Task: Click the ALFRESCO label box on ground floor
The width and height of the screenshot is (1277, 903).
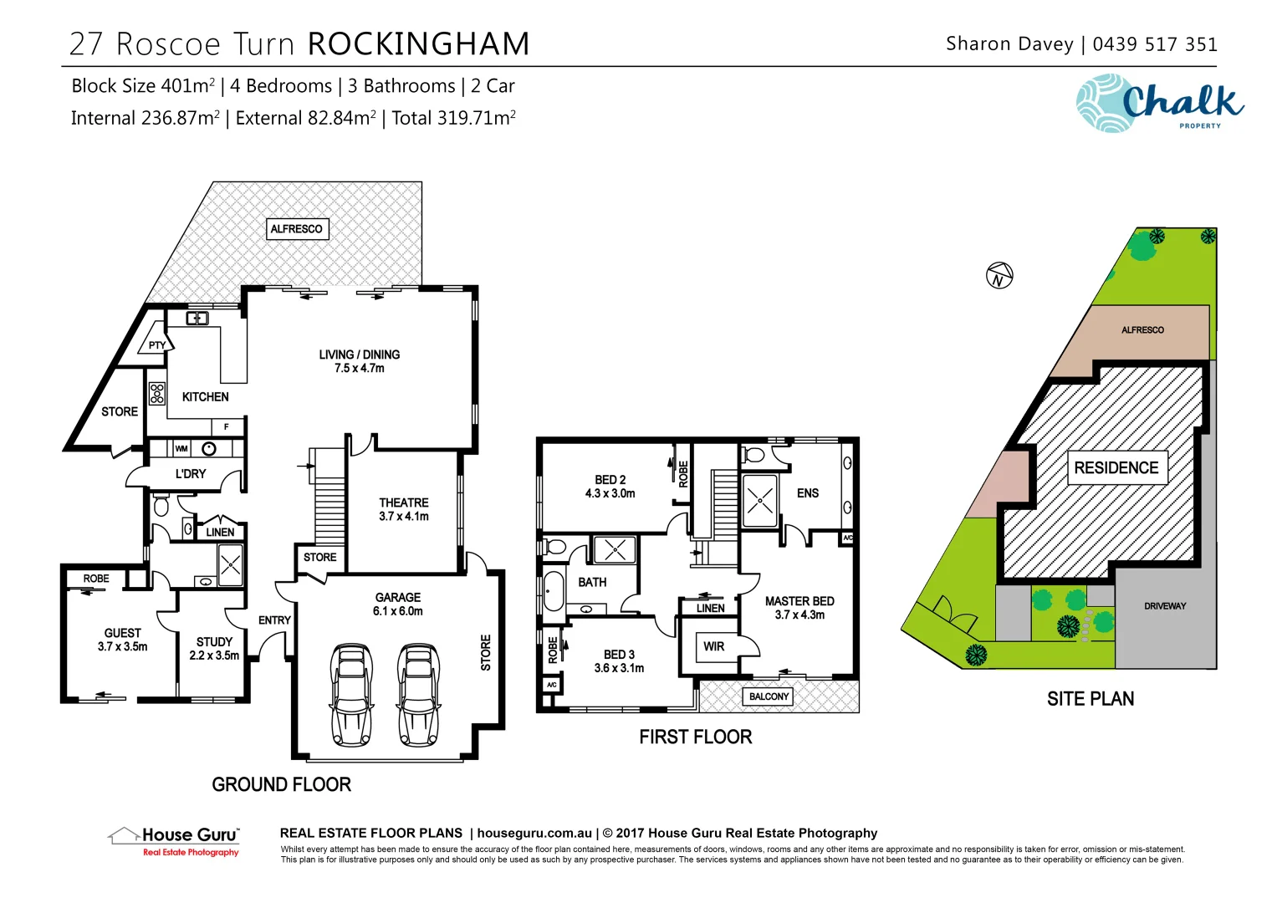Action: tap(296, 229)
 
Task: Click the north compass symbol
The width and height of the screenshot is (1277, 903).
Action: tap(999, 275)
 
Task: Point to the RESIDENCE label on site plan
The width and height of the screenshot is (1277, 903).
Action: tap(1116, 468)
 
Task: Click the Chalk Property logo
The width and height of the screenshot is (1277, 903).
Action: tap(1160, 104)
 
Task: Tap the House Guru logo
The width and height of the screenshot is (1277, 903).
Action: tap(175, 840)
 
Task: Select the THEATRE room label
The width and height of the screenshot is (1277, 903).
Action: tap(403, 509)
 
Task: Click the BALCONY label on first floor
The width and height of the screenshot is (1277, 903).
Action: tap(769, 696)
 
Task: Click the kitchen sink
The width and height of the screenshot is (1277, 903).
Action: tap(197, 319)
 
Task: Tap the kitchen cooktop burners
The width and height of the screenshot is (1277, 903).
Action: tap(157, 393)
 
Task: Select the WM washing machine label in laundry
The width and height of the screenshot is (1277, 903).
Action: tap(181, 449)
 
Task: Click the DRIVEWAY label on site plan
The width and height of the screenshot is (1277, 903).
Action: tap(1165, 606)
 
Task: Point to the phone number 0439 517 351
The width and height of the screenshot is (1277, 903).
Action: tap(1155, 44)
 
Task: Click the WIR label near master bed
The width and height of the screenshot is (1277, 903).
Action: tap(713, 646)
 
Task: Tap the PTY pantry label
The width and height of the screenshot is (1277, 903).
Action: tap(157, 345)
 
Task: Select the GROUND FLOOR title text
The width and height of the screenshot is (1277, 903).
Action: tap(281, 784)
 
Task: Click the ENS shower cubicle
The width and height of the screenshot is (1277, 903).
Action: tap(760, 501)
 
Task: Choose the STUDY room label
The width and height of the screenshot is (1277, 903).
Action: tap(214, 649)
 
